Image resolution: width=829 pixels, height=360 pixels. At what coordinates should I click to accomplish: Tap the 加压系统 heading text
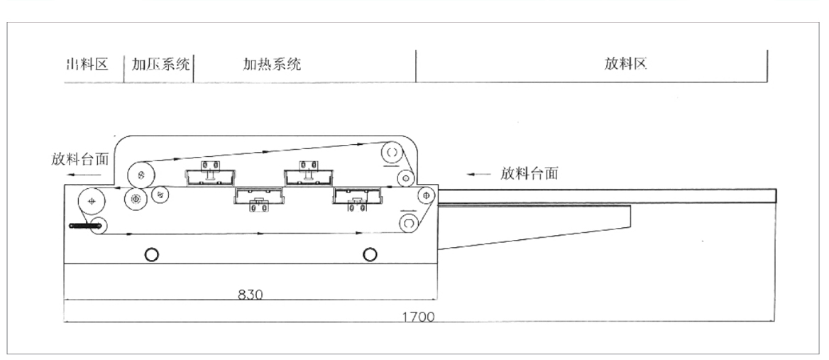[161, 65]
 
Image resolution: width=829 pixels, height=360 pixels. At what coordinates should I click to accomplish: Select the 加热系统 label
[273, 65]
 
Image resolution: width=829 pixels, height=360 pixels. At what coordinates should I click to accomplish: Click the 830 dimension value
[249, 294]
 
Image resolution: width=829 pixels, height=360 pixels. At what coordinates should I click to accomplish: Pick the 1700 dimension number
[419, 317]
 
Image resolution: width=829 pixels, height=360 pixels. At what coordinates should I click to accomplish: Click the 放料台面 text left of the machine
[80, 158]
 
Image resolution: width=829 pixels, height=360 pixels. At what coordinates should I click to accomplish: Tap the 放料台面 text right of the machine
[529, 173]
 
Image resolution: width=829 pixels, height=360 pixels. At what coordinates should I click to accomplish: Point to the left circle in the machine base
[152, 253]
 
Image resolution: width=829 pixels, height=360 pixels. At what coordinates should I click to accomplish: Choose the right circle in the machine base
[368, 253]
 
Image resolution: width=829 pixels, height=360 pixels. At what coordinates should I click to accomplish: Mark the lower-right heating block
[358, 198]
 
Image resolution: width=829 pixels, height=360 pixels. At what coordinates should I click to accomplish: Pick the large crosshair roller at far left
[91, 202]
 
